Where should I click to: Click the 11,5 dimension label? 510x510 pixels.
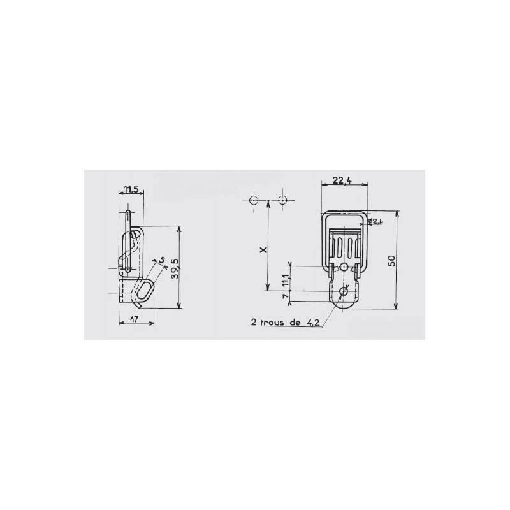(132, 189)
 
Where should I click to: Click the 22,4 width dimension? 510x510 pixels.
(344, 181)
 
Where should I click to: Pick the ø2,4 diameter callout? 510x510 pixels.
(376, 221)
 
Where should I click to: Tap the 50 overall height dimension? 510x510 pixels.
(391, 260)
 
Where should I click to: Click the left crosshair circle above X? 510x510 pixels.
(254, 200)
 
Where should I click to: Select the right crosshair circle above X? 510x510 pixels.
(283, 200)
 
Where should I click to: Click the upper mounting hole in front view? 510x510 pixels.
(344, 266)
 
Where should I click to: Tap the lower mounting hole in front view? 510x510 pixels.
(344, 292)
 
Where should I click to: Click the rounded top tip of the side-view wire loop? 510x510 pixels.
(128, 212)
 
